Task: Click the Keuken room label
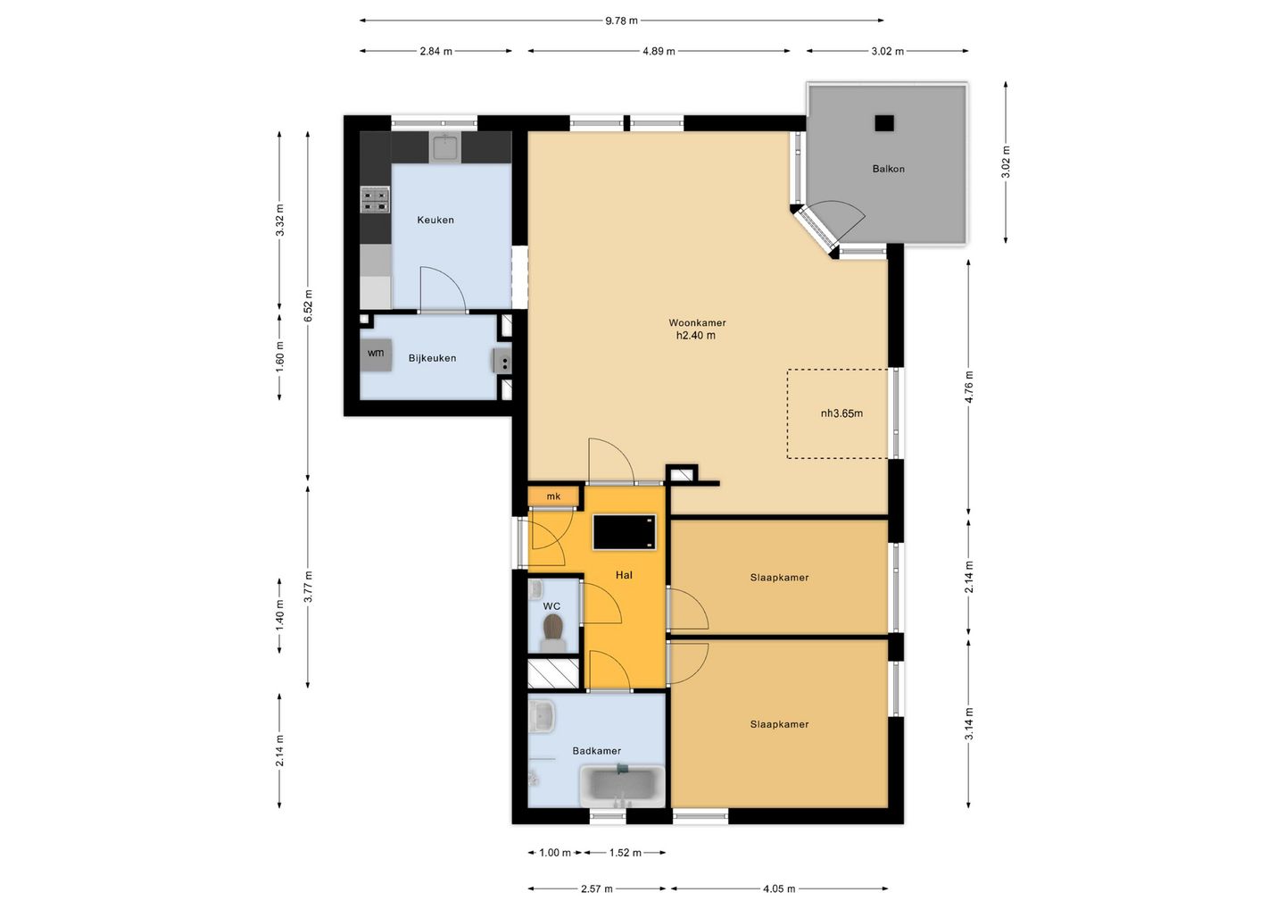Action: click(435, 220)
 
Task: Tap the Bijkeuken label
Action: click(433, 358)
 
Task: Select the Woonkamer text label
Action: click(697, 323)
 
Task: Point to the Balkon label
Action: click(888, 169)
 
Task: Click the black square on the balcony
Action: click(884, 123)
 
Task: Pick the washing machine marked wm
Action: click(376, 354)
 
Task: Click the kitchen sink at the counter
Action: click(445, 147)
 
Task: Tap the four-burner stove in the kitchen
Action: click(375, 200)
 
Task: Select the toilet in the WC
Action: click(553, 632)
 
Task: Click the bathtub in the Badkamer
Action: click(623, 786)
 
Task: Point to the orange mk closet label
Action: click(553, 496)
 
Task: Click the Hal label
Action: click(624, 575)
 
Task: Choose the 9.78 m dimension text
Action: click(621, 21)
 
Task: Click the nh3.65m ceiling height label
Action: click(841, 413)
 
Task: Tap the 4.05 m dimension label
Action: click(779, 889)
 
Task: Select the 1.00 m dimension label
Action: click(555, 853)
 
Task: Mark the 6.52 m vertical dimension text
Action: click(308, 306)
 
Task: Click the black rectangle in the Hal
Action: click(624, 532)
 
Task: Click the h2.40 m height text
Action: click(696, 336)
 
